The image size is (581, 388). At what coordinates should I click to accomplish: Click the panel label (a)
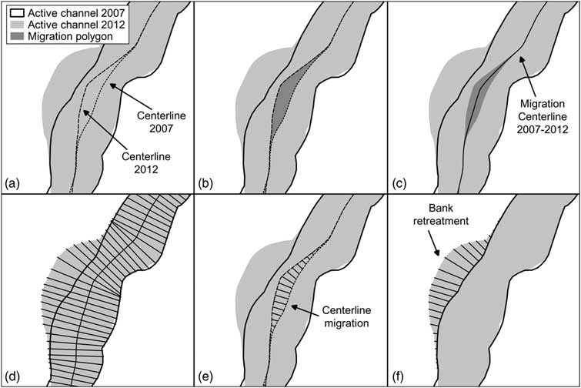click(x=11, y=184)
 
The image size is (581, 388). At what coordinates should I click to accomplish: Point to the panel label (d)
click(x=11, y=378)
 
